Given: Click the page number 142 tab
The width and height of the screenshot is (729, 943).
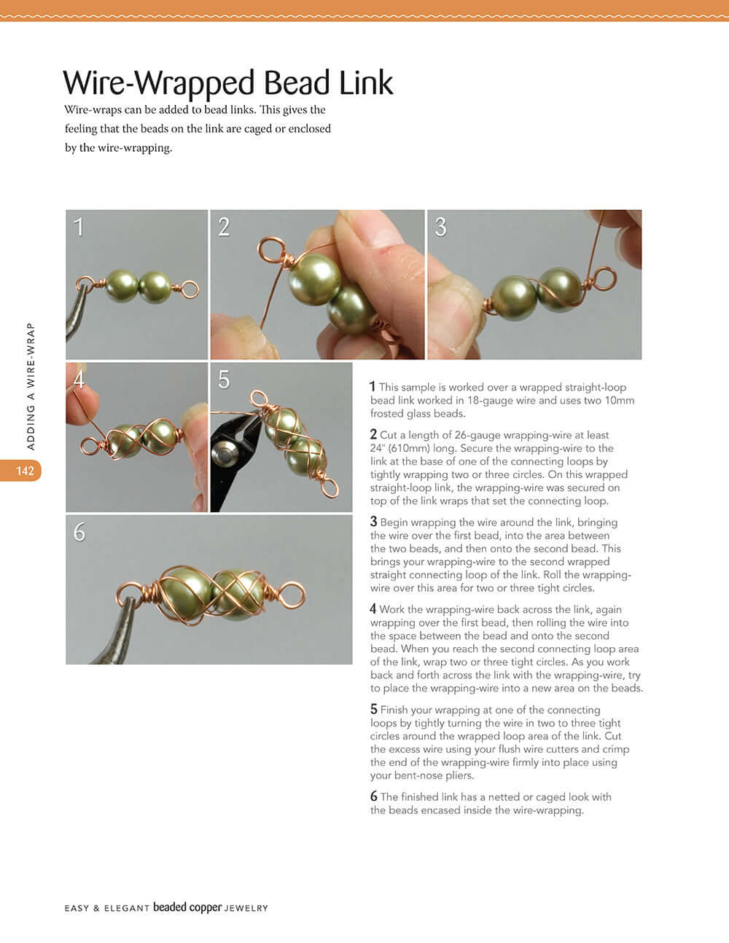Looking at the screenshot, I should [25, 471].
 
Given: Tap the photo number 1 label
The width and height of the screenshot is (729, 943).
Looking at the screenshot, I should [79, 227].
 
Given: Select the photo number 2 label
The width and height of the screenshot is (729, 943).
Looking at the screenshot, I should [224, 227].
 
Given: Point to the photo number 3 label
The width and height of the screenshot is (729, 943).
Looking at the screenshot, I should [440, 227].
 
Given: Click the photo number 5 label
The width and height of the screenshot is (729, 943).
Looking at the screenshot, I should [224, 380].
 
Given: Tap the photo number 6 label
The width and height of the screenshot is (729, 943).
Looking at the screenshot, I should [79, 532].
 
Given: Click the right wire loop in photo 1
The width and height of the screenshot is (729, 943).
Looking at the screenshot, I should [190, 289].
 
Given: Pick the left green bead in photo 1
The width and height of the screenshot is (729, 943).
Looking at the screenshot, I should [122, 286].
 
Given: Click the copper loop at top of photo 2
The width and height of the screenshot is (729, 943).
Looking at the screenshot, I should [273, 250].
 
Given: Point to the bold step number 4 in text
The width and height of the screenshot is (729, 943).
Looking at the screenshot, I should [373, 609].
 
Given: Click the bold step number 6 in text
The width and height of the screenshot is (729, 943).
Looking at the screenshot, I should [373, 797].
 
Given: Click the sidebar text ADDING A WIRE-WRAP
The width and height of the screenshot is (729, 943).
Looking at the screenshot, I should [31, 386].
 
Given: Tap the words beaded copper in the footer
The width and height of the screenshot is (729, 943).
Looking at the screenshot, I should [187, 908].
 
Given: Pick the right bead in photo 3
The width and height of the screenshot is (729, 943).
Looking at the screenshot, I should [560, 289].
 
